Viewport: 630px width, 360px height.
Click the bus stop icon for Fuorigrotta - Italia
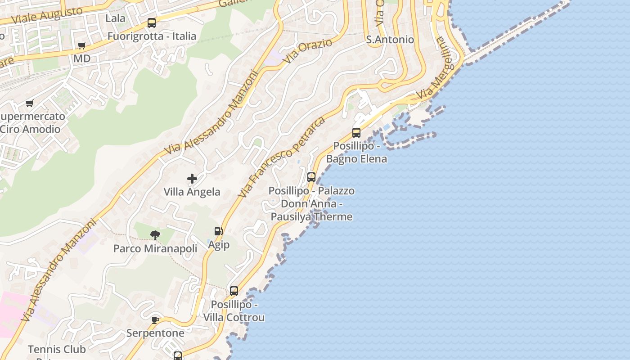click(152, 23)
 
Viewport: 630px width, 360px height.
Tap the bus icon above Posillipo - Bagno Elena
click(356, 133)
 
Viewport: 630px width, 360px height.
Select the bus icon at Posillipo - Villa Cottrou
click(234, 291)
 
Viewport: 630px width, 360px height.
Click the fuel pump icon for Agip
click(218, 232)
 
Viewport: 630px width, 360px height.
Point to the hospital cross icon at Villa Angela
click(192, 179)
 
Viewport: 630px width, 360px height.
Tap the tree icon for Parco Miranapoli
click(155, 235)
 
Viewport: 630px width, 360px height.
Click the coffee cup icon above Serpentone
click(155, 320)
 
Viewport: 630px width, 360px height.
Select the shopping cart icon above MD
click(81, 45)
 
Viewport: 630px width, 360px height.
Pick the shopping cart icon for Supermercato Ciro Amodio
click(30, 103)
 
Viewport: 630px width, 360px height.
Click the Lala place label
click(115, 18)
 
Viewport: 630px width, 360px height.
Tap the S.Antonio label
click(390, 40)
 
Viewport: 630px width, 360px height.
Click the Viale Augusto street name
click(47, 15)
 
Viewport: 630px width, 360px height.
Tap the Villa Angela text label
click(192, 192)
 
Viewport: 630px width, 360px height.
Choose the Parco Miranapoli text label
click(155, 249)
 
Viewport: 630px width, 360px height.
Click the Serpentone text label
click(155, 333)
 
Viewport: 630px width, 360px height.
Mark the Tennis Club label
click(57, 350)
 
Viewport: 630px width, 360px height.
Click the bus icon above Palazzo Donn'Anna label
click(311, 177)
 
